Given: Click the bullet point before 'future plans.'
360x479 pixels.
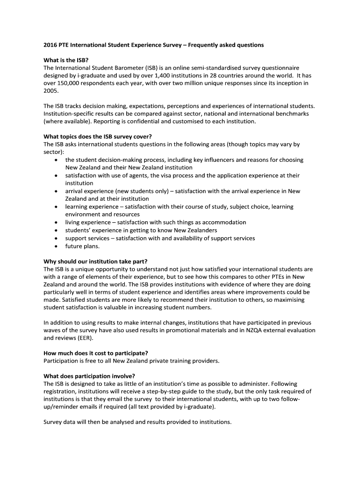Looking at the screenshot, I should coord(56,246).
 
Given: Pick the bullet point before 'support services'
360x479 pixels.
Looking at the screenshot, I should coord(56,238).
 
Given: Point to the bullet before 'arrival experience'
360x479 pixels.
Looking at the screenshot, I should coord(56,191).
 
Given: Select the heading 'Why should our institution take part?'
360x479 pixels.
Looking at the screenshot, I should coord(99,261).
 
